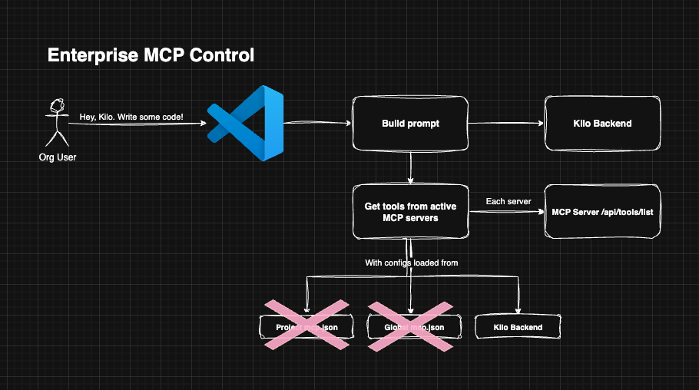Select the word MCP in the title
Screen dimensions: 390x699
pos(170,56)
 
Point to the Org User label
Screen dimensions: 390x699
pos(58,157)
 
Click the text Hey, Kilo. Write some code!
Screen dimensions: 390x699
pos(131,117)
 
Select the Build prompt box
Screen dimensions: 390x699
pos(410,124)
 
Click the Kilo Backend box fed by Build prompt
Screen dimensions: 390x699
pos(602,124)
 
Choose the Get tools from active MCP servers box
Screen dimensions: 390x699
pos(410,211)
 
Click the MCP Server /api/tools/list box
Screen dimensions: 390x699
pos(602,211)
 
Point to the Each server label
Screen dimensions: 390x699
pos(508,201)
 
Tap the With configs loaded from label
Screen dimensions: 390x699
pos(411,263)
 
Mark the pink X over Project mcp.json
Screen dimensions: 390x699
pos(306,326)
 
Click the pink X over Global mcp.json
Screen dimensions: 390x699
pos(413,326)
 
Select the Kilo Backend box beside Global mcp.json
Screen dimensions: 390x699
pos(518,327)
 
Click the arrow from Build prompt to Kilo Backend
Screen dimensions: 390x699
pos(505,124)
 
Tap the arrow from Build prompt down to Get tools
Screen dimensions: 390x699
pos(411,167)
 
